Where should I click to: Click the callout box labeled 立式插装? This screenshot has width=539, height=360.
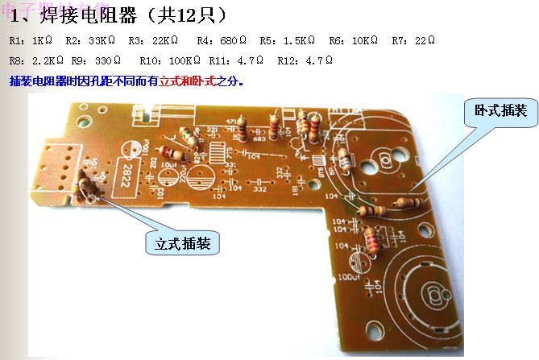[x=182, y=241]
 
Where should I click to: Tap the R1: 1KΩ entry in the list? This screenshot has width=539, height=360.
[x=33, y=40]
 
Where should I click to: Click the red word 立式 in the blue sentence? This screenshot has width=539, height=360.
[x=170, y=81]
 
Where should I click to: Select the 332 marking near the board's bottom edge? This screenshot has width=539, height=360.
[x=260, y=190]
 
